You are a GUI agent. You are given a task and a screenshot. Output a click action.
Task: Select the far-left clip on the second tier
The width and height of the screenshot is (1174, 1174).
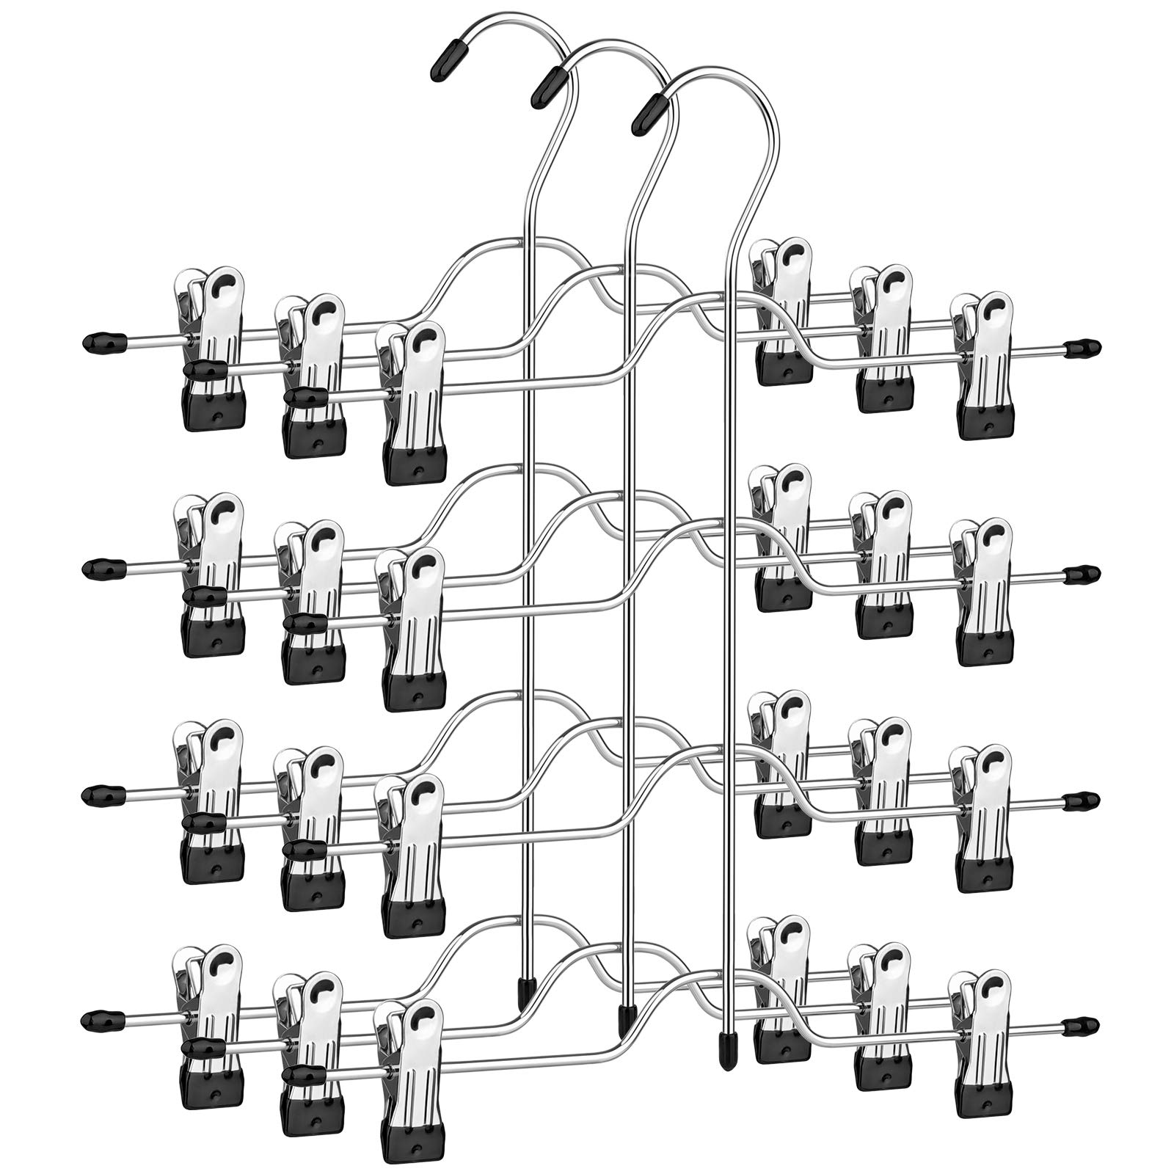point(211,572)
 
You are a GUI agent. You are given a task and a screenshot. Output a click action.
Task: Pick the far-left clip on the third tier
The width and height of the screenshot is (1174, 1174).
point(211,800)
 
